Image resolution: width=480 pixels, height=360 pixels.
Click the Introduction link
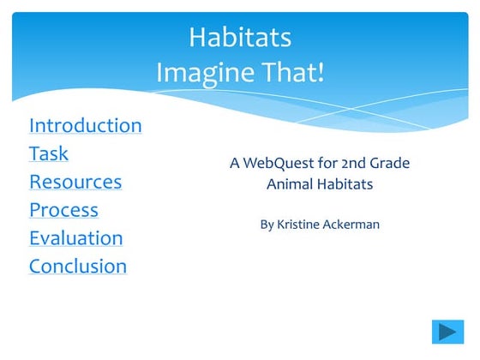85,125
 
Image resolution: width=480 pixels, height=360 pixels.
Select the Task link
49,154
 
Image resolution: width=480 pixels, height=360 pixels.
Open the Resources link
75,182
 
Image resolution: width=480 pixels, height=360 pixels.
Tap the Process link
63,210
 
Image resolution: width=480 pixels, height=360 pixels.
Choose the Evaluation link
75,238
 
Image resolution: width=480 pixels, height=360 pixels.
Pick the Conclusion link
78,267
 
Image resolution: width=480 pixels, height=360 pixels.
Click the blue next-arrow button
447,332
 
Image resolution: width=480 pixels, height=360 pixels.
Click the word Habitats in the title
240,38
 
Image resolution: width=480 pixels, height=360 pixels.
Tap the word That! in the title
296,72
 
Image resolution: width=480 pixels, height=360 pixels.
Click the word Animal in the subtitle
290,183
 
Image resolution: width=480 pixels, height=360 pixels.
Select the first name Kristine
300,225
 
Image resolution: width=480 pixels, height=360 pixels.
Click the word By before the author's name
267,225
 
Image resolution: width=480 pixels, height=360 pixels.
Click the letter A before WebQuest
235,163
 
